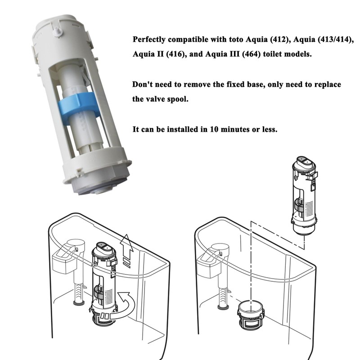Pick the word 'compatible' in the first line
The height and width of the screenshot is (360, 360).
(x=192, y=40)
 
